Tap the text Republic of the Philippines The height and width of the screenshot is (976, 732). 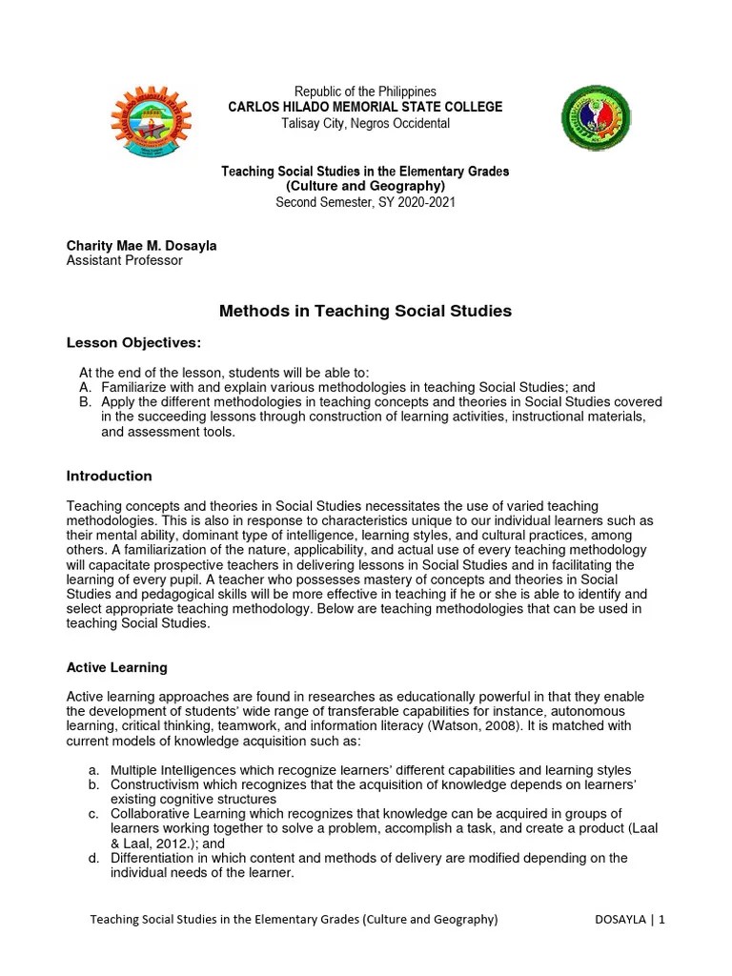[365, 91]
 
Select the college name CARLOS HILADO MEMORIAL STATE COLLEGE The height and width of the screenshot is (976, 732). [365, 108]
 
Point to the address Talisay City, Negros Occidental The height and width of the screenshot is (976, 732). [365, 124]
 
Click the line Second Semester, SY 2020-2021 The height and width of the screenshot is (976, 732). [365, 202]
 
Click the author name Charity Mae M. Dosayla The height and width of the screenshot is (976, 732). [141, 246]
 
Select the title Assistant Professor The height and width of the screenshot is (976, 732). [124, 260]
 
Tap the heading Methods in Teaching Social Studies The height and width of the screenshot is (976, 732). [365, 311]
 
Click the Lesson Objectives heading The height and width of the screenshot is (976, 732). [133, 343]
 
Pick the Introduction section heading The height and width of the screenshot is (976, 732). [109, 476]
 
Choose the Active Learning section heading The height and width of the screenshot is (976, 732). [116, 667]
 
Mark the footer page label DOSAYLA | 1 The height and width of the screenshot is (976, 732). [629, 920]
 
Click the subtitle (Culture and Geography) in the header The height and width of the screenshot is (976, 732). [365, 186]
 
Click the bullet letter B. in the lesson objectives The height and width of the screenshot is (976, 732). [85, 402]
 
